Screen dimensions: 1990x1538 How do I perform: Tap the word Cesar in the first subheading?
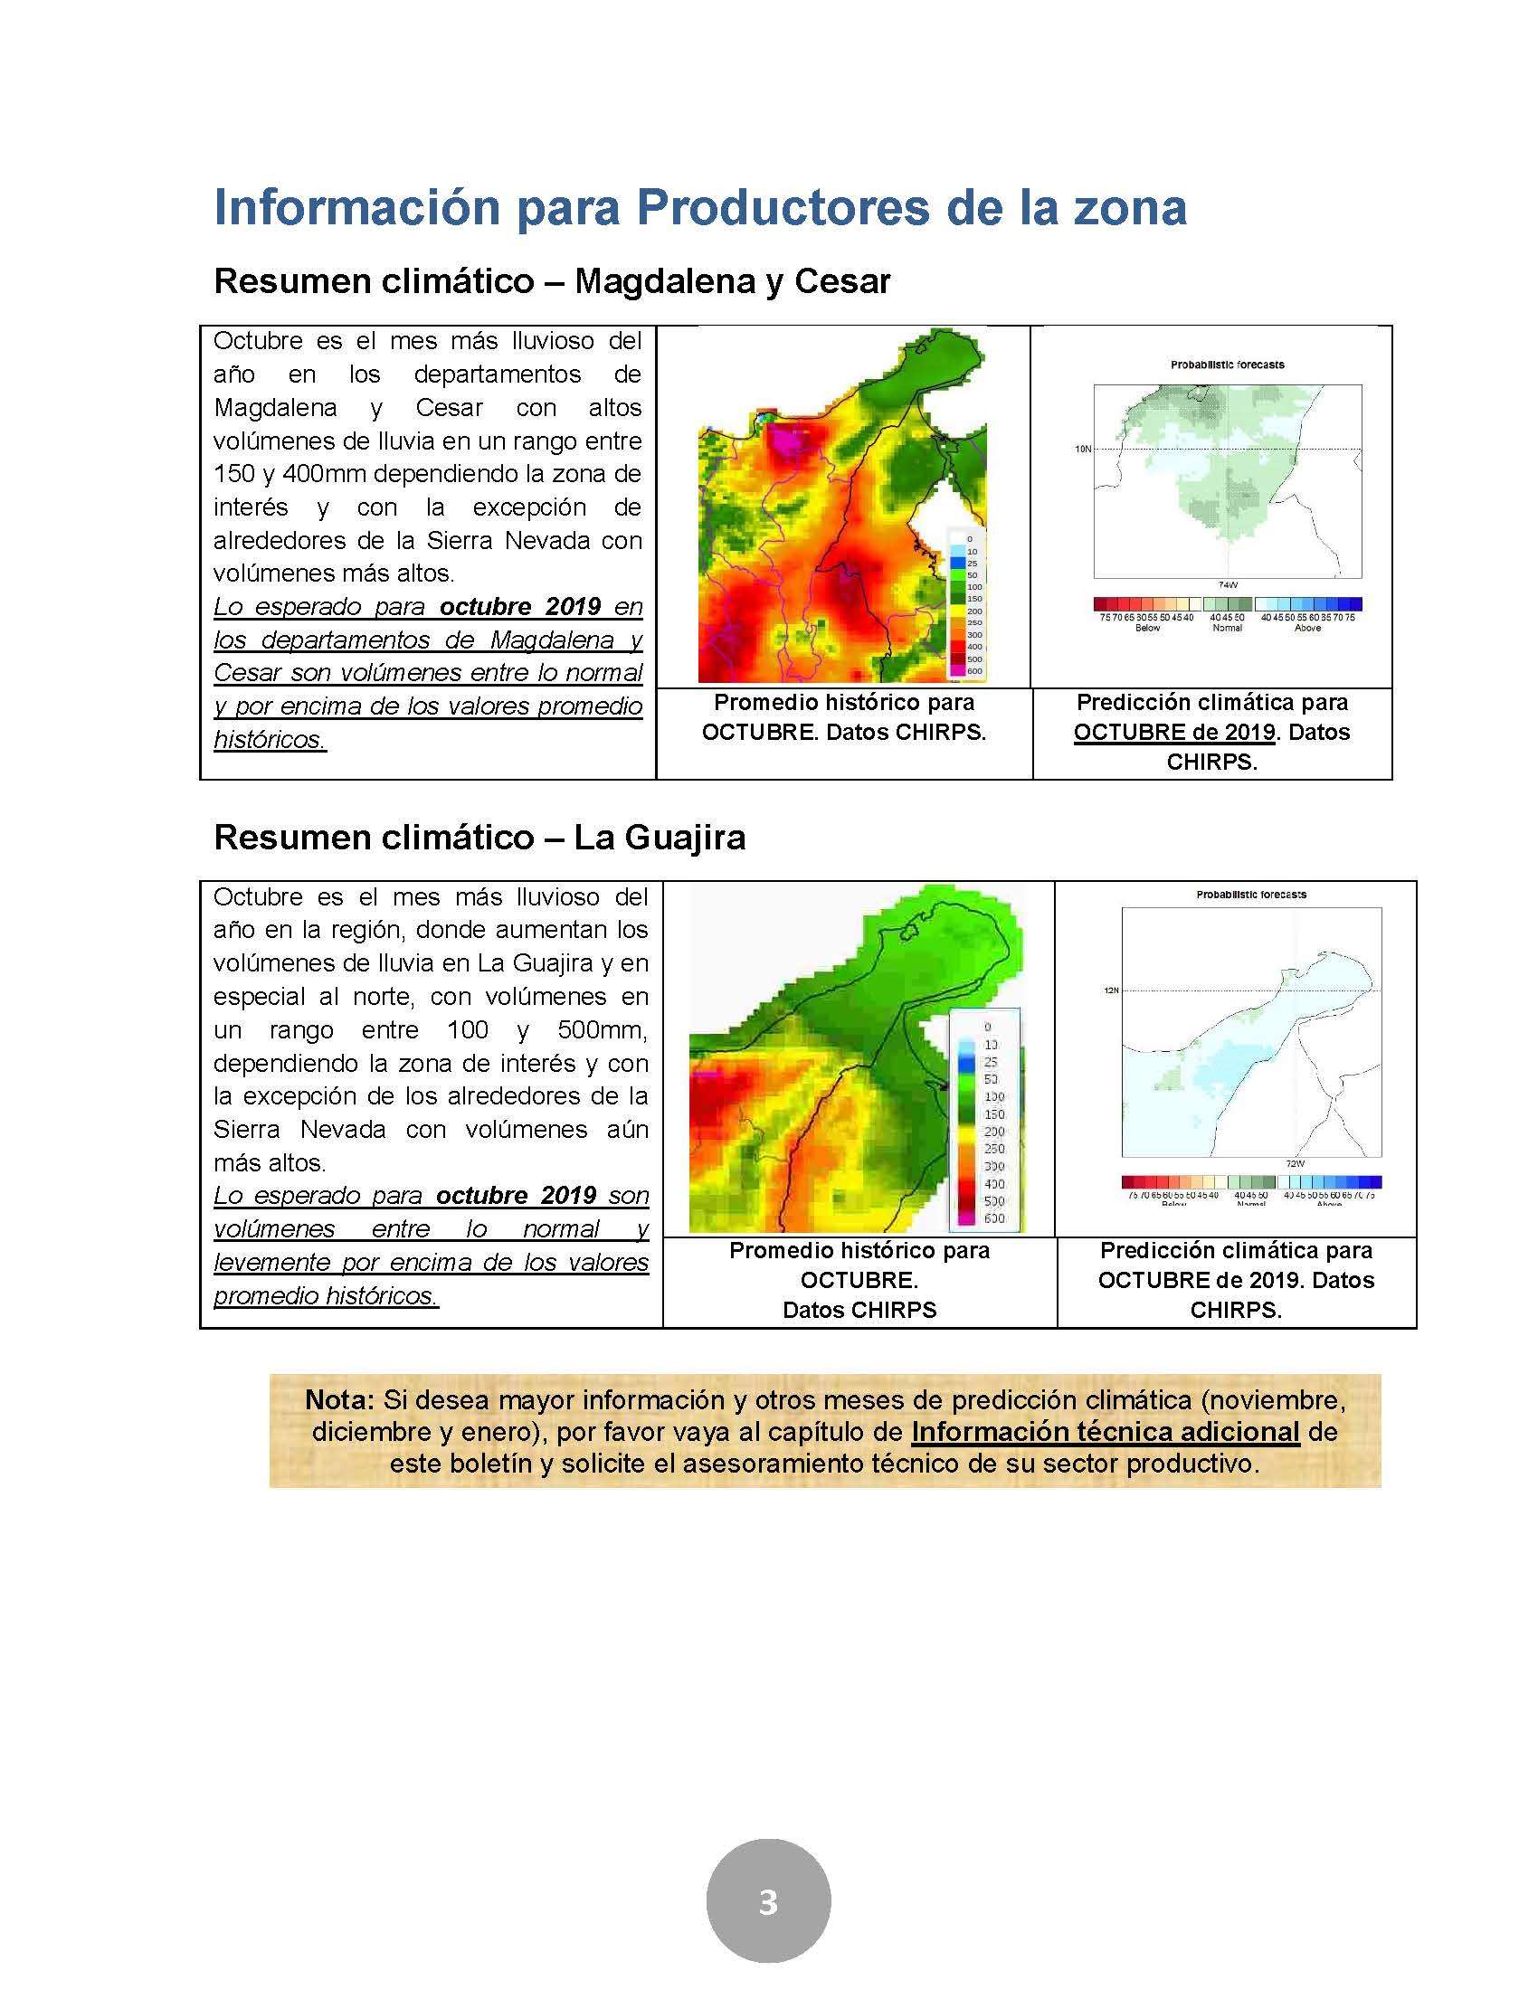click(842, 281)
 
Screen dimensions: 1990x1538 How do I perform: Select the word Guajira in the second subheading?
click(685, 838)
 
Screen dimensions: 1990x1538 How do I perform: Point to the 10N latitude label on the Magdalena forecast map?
click(1082, 449)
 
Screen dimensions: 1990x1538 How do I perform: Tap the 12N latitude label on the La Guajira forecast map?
click(1110, 990)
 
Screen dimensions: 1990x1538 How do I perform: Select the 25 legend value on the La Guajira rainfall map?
click(991, 1062)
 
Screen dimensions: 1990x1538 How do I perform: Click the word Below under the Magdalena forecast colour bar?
click(1147, 628)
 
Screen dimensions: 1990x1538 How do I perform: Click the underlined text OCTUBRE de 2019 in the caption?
click(1173, 733)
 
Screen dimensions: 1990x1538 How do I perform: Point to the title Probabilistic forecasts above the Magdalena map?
click(1227, 365)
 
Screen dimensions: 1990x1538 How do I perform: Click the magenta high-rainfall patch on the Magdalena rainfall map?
click(787, 443)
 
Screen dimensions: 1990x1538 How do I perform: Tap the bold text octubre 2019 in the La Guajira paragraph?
click(516, 1196)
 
